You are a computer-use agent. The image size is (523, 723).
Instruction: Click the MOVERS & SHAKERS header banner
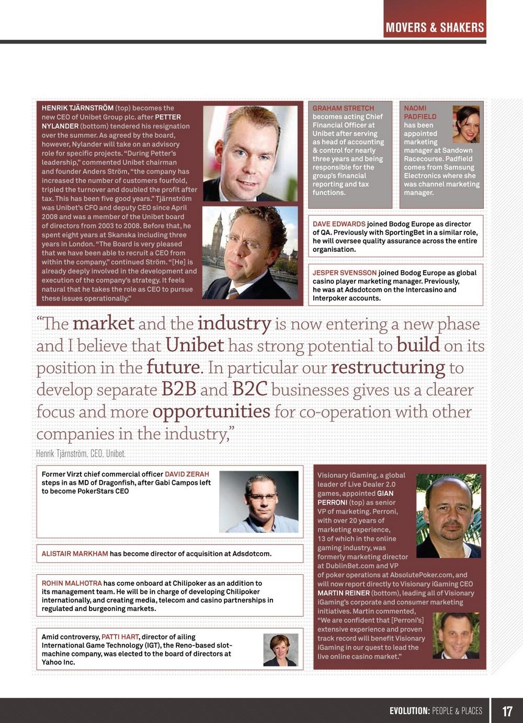435,27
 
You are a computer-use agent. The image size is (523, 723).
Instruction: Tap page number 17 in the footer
507,711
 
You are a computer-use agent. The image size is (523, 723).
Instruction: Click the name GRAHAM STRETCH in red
343,108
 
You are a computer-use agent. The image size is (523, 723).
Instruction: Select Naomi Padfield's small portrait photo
465,124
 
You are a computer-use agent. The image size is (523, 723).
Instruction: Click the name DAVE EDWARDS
339,224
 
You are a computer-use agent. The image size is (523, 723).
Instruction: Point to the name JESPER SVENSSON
344,273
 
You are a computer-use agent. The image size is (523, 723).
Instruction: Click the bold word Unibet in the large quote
195,346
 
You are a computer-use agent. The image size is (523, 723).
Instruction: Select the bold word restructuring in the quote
388,368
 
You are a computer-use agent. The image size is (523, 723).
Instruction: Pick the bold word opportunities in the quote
211,411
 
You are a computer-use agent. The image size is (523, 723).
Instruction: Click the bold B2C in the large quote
249,390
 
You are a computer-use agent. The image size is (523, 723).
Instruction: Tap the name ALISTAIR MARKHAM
75,554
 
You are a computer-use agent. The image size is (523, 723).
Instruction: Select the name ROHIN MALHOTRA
72,583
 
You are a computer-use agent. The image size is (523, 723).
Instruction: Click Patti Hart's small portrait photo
280,650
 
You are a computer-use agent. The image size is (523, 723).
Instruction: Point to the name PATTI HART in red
120,637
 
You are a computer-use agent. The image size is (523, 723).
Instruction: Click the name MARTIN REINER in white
343,593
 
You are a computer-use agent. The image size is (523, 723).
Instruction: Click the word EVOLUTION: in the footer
410,711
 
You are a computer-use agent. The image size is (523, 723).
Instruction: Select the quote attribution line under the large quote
81,453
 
